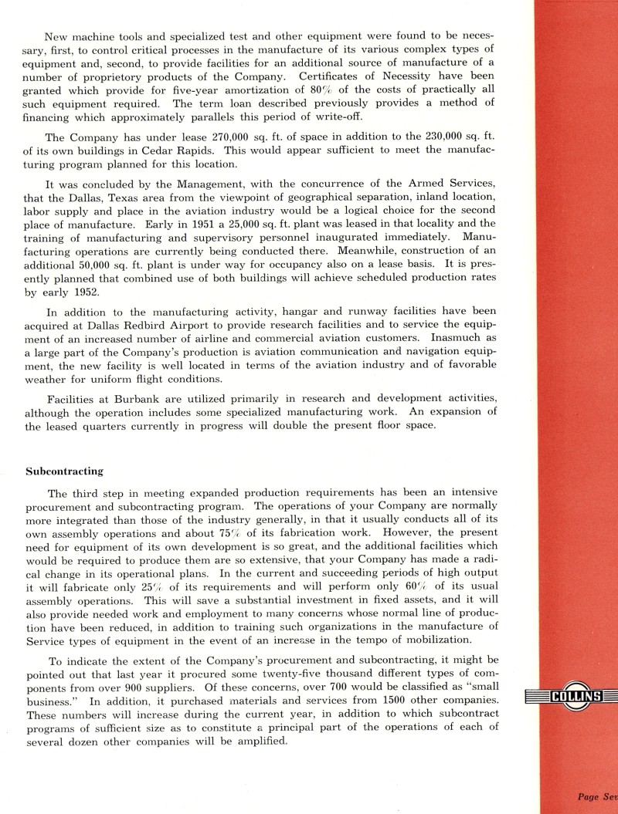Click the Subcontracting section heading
point(65,470)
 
